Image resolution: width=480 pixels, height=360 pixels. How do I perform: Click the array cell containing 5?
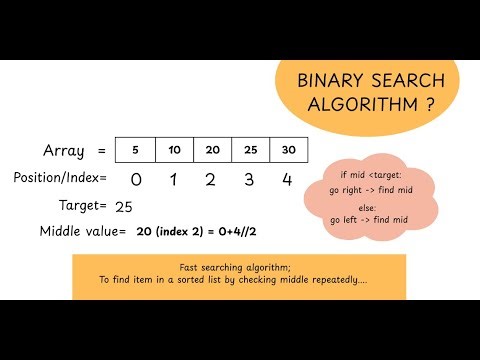[135, 150]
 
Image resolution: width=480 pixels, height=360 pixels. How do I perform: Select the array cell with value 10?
[174, 150]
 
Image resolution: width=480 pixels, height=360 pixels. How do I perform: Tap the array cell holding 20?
[212, 150]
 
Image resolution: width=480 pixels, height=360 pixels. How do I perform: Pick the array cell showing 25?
[251, 150]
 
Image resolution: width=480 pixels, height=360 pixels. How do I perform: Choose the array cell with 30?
[289, 150]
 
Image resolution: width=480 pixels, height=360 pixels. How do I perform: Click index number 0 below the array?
[136, 180]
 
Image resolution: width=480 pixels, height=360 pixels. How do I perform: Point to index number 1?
[174, 180]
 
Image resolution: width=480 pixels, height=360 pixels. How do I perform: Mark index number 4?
[289, 180]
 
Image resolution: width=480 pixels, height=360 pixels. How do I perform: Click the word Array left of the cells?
[63, 151]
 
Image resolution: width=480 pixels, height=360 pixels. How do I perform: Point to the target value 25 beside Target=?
[125, 206]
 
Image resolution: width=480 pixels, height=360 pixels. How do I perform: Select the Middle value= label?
[82, 232]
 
